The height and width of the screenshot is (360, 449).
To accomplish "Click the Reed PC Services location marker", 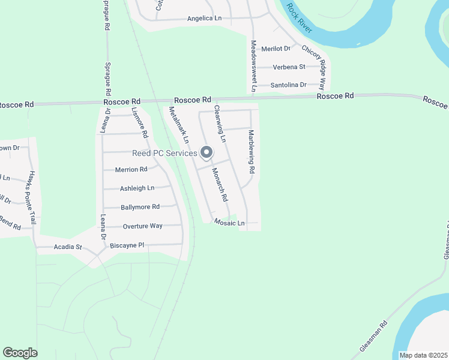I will tap(206, 154).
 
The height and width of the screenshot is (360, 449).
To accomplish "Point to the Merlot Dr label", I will tap(279, 48).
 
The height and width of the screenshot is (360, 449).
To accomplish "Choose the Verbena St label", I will tap(289, 67).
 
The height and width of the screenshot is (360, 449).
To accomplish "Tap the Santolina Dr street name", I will tap(289, 85).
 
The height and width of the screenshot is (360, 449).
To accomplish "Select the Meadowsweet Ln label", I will tap(254, 66).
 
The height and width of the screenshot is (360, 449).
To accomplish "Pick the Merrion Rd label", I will tap(131, 170).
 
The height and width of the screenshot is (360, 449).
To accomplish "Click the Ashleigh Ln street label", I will tap(137, 188).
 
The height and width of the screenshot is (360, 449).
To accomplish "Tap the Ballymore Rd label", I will tap(140, 207).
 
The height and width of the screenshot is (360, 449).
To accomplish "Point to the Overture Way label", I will tap(142, 226).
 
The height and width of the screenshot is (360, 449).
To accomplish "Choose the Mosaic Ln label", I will tap(230, 223).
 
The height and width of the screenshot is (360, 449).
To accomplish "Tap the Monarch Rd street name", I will tap(220, 184).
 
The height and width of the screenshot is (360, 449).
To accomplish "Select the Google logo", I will tap(20, 353).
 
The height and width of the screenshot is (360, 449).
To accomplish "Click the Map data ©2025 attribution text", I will tap(423, 355).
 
